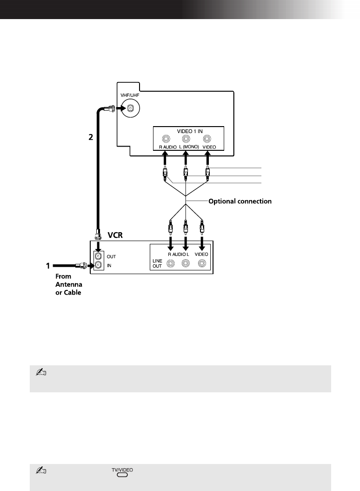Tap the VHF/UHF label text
[130, 95]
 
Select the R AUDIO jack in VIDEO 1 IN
[166, 138]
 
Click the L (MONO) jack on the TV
[186, 138]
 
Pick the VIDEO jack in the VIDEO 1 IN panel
[207, 138]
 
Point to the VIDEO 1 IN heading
[190, 131]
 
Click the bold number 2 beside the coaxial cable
[91, 137]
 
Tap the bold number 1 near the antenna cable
[48, 266]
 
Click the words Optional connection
[240, 202]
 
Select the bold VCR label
[115, 235]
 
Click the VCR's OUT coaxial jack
[99, 256]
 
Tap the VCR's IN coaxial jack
[99, 266]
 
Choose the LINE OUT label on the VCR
[157, 263]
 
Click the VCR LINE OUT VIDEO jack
[202, 264]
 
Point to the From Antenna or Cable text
[68, 284]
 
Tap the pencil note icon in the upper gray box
[41, 372]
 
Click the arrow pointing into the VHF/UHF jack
[121, 108]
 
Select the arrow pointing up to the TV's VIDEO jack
[207, 158]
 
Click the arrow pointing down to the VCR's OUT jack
[99, 246]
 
